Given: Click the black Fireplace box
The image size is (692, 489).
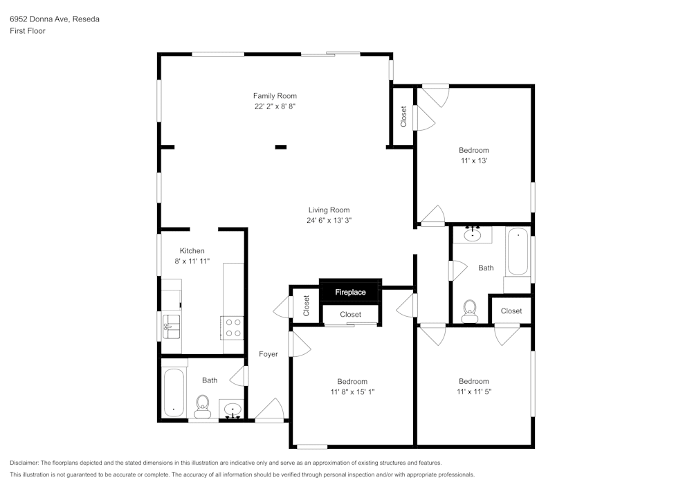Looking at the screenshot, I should pos(350,292).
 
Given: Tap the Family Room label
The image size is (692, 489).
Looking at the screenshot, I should pos(275,96).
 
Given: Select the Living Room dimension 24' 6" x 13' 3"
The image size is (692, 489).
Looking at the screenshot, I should pos(329,221).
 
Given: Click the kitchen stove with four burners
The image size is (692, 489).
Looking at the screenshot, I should pos(233,326).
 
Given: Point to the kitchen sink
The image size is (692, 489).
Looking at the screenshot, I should pos(171,326).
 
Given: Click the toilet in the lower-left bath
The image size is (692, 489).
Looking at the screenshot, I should pos(202,406).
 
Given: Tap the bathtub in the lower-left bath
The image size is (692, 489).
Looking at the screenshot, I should pos(174,393).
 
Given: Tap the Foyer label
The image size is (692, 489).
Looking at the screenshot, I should pos(268,354).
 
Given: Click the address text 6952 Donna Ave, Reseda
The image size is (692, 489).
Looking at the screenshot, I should pos(54,19).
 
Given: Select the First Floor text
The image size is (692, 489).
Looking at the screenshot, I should pos(28,31).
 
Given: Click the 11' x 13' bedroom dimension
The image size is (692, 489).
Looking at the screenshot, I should pos(473,160).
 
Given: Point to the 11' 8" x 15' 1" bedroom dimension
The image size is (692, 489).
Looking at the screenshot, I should pos(352,391).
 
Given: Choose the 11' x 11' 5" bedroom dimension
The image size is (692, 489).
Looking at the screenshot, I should pos(473,391).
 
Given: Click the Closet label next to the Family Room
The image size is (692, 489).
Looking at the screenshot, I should pos(403,116).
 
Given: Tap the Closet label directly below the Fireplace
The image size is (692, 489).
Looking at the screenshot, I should pos(350,315).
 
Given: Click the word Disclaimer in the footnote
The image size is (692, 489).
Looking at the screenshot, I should pos(25,463).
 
